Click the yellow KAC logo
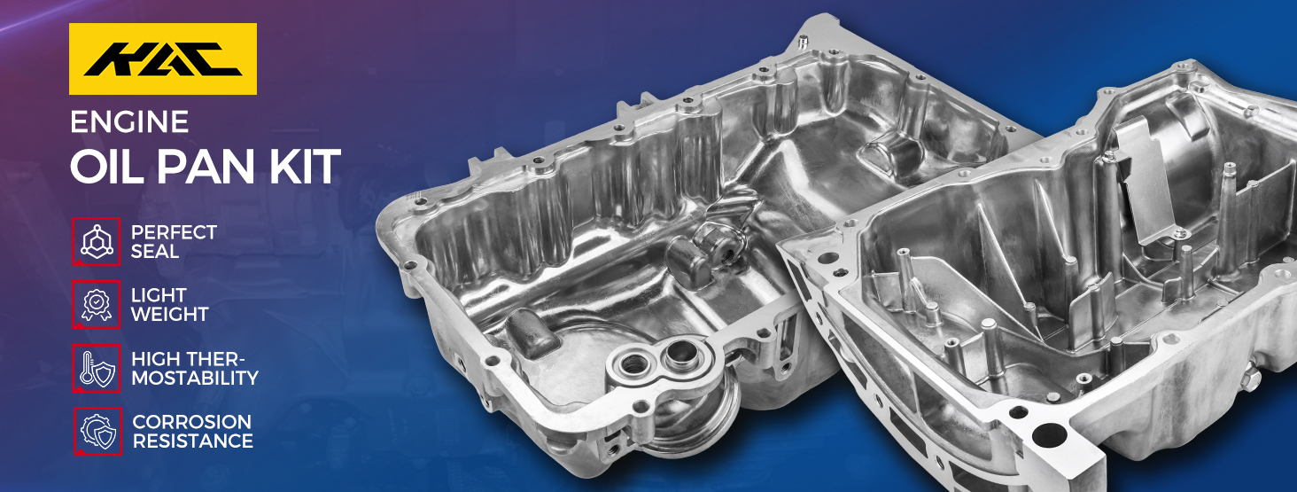click(x=163, y=59)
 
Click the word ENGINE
click(x=129, y=121)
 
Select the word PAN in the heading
click(x=206, y=167)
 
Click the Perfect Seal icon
click(x=97, y=242)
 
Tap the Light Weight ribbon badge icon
click(x=97, y=305)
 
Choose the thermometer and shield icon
click(x=97, y=368)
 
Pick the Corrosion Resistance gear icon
click(x=97, y=431)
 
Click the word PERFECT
click(x=174, y=232)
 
